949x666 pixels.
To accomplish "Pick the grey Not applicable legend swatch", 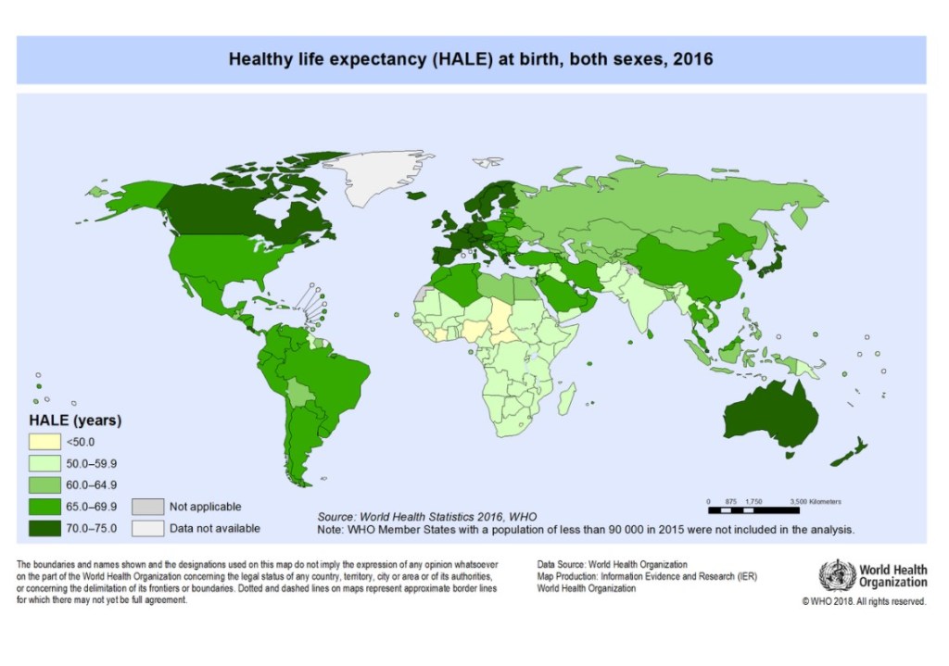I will (x=146, y=507).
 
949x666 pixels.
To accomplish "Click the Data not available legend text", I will (x=214, y=528).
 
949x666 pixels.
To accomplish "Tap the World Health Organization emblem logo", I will (x=838, y=576).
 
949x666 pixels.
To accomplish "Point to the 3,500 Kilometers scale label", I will (x=816, y=500).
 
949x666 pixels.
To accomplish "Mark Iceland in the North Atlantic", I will (x=417, y=195).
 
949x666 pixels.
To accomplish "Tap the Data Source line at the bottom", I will (x=612, y=564).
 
